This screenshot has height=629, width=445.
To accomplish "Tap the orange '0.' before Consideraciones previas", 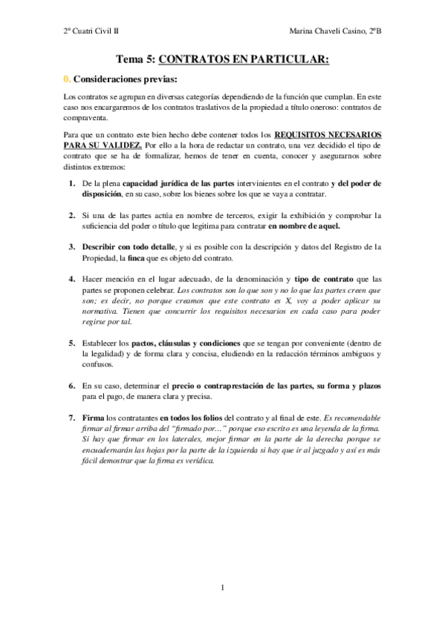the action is click(x=65, y=78).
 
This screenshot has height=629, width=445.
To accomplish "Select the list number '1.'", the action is click(x=72, y=182).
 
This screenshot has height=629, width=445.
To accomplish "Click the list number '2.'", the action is click(x=72, y=215).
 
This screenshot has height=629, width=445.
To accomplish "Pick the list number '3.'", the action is click(x=72, y=247).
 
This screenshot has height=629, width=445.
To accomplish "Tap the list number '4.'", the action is click(x=72, y=279).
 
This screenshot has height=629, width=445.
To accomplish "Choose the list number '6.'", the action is click(x=72, y=386).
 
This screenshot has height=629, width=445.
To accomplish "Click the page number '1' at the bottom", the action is click(x=223, y=589).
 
